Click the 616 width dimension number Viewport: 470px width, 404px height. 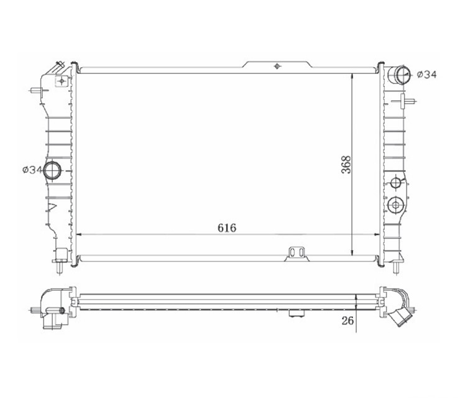pyautogui.click(x=227, y=227)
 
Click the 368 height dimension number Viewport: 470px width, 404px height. pyautogui.click(x=346, y=164)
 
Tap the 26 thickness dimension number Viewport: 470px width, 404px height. pyautogui.click(x=348, y=320)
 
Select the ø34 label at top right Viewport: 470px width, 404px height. pyautogui.click(x=427, y=74)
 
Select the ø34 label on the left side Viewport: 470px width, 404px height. pyautogui.click(x=32, y=170)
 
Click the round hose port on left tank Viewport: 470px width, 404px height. pyautogui.click(x=52, y=170)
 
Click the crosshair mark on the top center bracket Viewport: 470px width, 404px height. pyautogui.click(x=277, y=66)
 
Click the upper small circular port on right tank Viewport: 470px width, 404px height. pyautogui.click(x=396, y=182)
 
